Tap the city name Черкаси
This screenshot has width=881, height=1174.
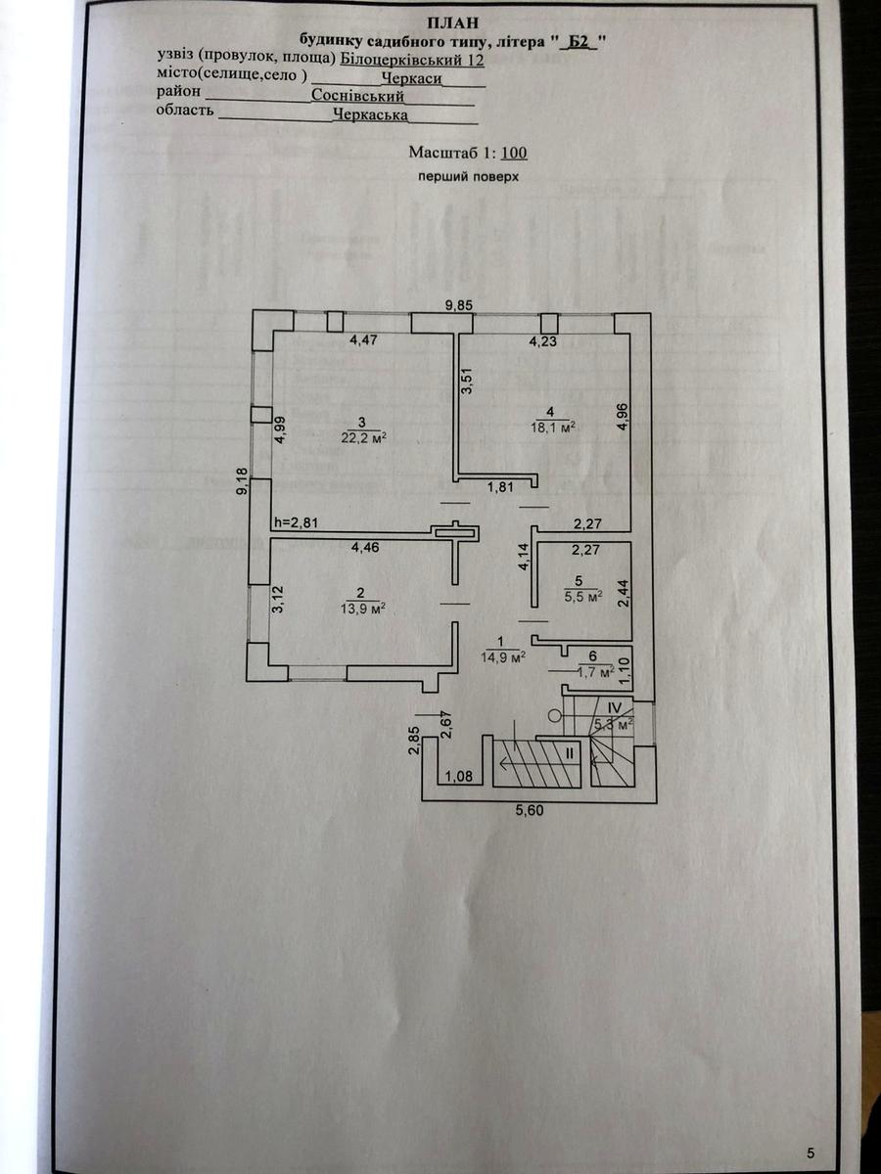[x=412, y=78]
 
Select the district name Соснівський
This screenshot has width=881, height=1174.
[x=358, y=96]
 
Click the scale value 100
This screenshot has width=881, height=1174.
[x=515, y=153]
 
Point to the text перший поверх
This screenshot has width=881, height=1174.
[x=469, y=176]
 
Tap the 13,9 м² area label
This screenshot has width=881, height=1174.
[x=362, y=609]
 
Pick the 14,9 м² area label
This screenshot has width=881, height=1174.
[x=503, y=656]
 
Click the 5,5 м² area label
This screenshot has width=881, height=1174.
[x=583, y=597]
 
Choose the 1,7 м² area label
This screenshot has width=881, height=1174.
[x=596, y=672]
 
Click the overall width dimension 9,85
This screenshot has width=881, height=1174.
[x=460, y=306]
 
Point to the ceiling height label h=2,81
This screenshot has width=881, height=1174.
[x=296, y=522]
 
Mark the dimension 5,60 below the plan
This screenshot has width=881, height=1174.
[x=529, y=810]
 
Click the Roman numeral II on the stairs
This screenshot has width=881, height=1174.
[x=570, y=753]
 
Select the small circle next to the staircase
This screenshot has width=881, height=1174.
[x=555, y=715]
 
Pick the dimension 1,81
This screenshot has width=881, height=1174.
[x=500, y=486]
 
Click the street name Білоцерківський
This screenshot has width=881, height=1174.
[x=401, y=60]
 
